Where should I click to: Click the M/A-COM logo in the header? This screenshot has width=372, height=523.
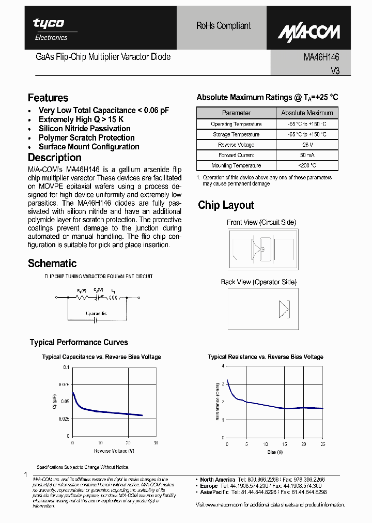tap(309, 32)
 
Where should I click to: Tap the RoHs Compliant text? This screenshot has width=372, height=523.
tap(223, 25)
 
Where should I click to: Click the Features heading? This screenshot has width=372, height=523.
tap(48, 98)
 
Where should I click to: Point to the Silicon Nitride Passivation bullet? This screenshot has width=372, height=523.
tap(84, 129)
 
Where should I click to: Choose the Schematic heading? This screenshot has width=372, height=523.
tap(52, 264)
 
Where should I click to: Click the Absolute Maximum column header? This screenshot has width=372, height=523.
tap(307, 113)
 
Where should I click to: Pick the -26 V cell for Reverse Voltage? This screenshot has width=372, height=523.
tap(307, 145)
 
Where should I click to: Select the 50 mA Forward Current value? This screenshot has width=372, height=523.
tap(307, 155)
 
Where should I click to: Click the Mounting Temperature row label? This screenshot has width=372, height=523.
tap(236, 165)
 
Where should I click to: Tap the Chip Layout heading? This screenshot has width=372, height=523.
tap(226, 205)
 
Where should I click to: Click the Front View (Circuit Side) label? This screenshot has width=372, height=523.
tap(261, 222)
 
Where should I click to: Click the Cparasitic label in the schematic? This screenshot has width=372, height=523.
tap(97, 314)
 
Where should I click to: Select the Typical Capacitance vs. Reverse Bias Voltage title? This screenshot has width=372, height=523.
tap(101, 357)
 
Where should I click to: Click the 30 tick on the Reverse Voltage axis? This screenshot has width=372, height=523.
tap(156, 443)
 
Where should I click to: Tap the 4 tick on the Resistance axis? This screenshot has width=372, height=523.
tap(223, 366)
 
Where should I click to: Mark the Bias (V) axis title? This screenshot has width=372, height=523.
tap(274, 452)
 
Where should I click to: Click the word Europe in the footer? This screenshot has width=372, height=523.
tap(209, 486)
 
